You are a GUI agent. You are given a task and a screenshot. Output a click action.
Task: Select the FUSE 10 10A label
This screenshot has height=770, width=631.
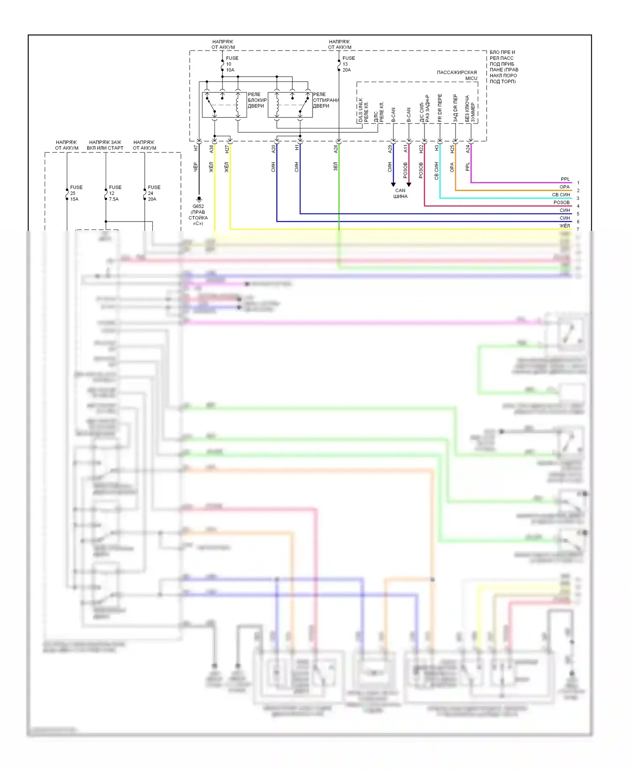[x=231, y=64]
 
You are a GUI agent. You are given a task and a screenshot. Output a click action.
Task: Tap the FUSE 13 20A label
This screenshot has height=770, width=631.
[x=348, y=64]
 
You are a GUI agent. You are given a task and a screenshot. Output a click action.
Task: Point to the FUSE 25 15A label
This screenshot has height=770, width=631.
[x=76, y=193]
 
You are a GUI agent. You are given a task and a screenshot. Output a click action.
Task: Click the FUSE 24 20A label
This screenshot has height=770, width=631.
[x=154, y=193]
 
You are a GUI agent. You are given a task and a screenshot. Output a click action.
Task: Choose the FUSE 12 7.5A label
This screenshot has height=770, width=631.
[x=114, y=193]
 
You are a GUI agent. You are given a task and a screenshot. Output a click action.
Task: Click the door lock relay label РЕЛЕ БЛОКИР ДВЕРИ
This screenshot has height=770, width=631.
[x=257, y=100]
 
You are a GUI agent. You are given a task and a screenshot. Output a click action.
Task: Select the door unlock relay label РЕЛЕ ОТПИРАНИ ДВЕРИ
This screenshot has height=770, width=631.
[x=325, y=100]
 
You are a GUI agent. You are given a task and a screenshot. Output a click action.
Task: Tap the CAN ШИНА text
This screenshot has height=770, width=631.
[x=400, y=193]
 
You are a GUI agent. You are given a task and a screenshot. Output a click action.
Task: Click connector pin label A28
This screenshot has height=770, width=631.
[x=336, y=148]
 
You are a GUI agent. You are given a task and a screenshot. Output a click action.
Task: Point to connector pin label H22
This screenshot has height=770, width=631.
[x=421, y=148]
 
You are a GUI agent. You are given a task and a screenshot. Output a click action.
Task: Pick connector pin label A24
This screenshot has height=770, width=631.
[x=467, y=148]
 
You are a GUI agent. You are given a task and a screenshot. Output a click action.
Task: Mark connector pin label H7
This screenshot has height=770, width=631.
[x=196, y=148]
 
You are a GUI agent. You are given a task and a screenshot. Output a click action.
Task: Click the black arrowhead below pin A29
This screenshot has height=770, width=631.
[x=393, y=184]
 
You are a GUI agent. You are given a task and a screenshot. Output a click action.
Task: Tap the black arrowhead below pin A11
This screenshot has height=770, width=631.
[x=409, y=184]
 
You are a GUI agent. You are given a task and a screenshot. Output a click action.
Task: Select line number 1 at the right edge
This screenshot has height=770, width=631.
[x=578, y=183]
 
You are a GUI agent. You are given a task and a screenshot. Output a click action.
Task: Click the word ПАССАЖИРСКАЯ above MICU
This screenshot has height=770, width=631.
[x=456, y=72]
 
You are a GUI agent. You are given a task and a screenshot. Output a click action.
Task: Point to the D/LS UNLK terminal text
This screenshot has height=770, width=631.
[x=361, y=110]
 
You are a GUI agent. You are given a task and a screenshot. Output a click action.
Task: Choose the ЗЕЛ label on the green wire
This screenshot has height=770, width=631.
[x=336, y=166]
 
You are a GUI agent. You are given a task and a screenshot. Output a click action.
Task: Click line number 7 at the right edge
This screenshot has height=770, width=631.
[x=578, y=229]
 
